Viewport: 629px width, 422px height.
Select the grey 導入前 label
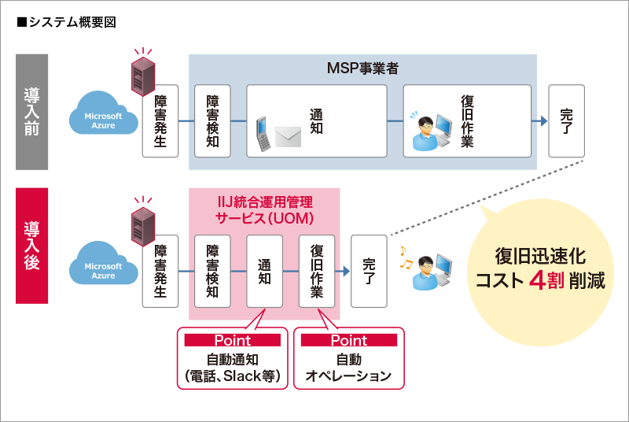pyautogui.click(x=32, y=112)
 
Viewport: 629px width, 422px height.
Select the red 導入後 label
pyautogui.click(x=32, y=246)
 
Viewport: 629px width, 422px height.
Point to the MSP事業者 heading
pyautogui.click(x=362, y=68)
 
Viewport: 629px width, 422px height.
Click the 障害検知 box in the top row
pyautogui.click(x=212, y=121)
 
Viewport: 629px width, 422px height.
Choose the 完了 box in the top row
pyautogui.click(x=566, y=121)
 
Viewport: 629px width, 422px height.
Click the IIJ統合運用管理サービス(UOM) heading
pyautogui.click(x=264, y=209)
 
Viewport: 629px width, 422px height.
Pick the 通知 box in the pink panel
pyautogui.click(x=264, y=271)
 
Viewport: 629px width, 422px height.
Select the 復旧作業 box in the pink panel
pyautogui.click(x=317, y=271)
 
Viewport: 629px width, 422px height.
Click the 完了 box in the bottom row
pyautogui.click(x=369, y=271)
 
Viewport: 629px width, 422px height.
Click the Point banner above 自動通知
pyautogui.click(x=233, y=340)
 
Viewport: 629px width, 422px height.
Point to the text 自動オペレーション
pyautogui.click(x=348, y=368)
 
